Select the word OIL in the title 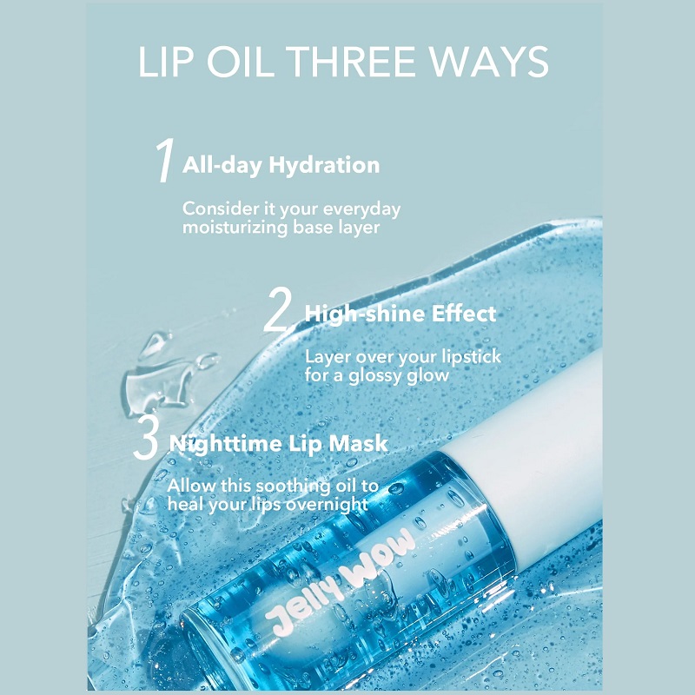tap(241, 61)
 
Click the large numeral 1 tap(164, 160)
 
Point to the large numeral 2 tap(277, 309)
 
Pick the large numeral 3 tap(146, 437)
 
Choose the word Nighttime tap(225, 444)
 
